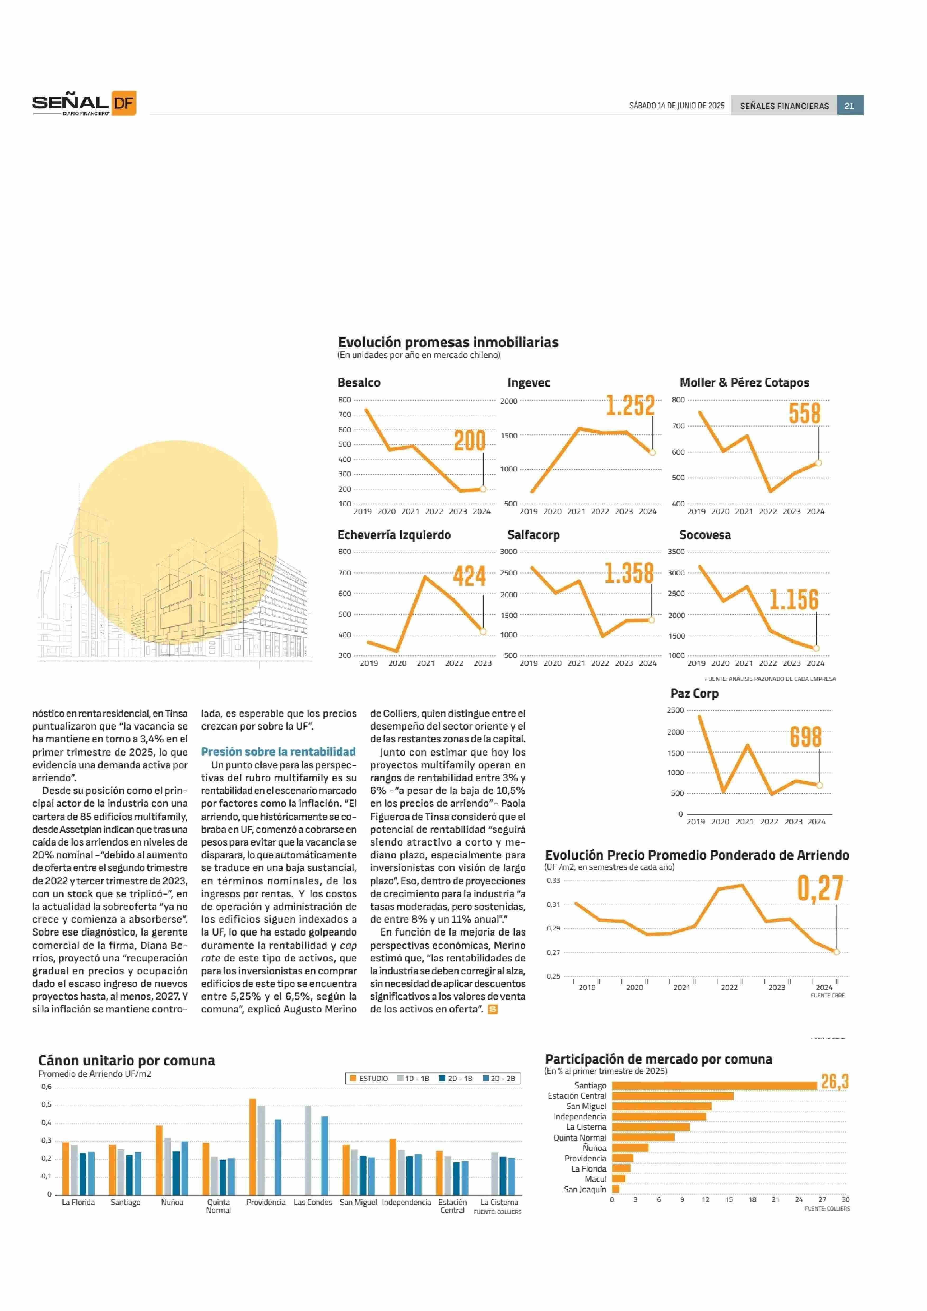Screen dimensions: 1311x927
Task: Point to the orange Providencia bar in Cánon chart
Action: point(253,1146)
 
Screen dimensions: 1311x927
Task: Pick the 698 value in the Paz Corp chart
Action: point(805,737)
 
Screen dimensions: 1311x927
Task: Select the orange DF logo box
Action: point(123,103)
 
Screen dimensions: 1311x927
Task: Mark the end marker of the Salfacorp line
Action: point(651,620)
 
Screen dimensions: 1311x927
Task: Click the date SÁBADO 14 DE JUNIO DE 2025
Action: point(676,106)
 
